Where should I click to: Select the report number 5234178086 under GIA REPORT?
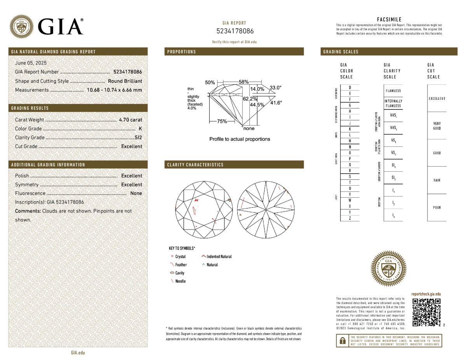point(235,31)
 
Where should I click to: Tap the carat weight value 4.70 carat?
point(130,120)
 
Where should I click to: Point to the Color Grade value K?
point(140,129)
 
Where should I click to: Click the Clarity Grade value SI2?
point(138,137)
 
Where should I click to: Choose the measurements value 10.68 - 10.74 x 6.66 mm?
point(114,90)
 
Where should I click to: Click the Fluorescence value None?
point(136,193)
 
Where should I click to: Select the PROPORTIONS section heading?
point(182,52)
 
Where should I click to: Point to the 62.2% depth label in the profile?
point(250,99)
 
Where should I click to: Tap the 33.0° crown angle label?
point(275,88)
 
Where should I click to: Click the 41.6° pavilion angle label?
point(276,103)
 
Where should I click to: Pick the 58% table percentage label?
point(243,82)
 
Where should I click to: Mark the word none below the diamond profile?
point(249,129)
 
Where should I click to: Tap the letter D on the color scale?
point(350,87)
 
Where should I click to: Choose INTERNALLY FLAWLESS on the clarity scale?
point(393,103)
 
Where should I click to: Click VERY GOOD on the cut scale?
point(437,126)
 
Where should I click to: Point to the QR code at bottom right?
point(426,313)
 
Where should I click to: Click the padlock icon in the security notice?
point(343,341)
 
